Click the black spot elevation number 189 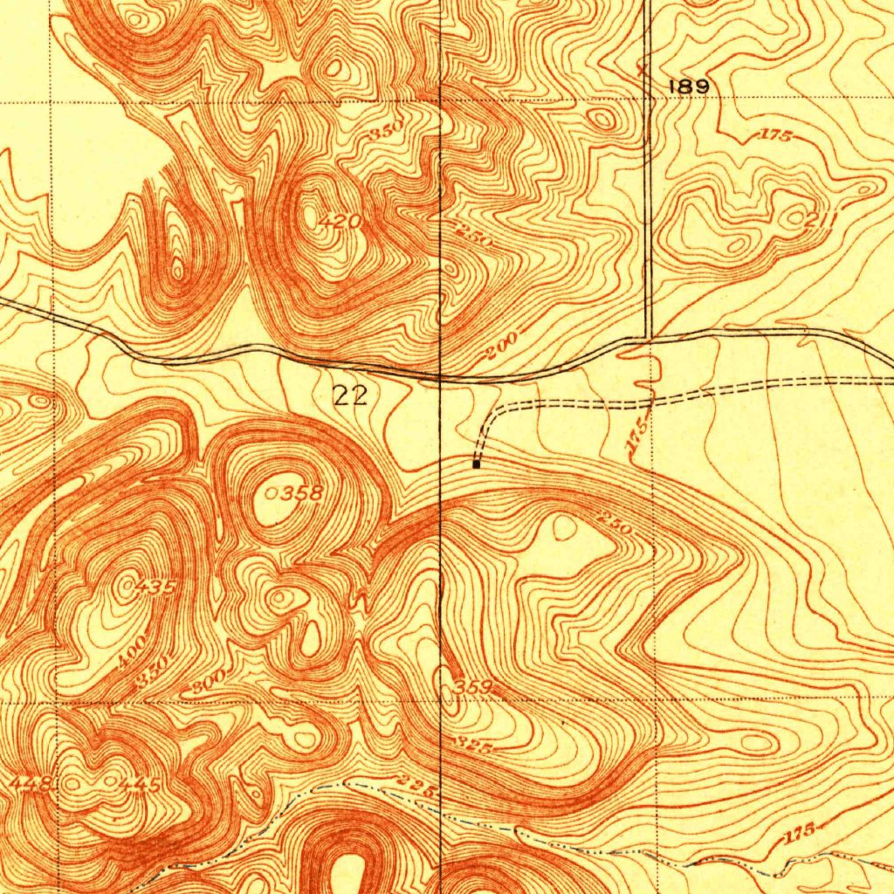point(688,86)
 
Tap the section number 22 point(351,396)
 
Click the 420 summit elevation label point(339,222)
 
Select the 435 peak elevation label point(155,588)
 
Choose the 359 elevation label point(473,687)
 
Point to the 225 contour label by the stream point(416,784)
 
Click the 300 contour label point(209,680)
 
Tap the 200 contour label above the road point(501,346)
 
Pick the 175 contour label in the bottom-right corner point(797,833)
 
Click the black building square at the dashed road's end point(476,464)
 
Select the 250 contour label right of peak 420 point(476,235)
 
